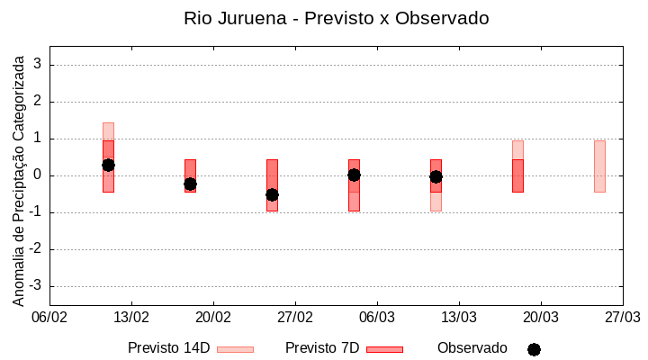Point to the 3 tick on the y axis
tap(39, 65)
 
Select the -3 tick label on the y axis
tap(36, 286)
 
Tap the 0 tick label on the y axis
tap(39, 175)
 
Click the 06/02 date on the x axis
tap(49, 318)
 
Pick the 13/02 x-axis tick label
tap(131, 318)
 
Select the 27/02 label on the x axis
tap(295, 318)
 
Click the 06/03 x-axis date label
tap(377, 318)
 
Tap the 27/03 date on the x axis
tap(622, 318)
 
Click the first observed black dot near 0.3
tap(108, 165)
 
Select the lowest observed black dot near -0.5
tap(272, 194)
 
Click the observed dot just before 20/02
tap(190, 184)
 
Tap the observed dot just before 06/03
tap(354, 175)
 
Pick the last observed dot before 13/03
tap(436, 176)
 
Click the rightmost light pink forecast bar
tap(599, 166)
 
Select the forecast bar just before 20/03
tap(517, 166)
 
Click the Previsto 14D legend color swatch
tap(235, 349)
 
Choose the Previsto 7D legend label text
tap(322, 348)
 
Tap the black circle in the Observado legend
tap(534, 349)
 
